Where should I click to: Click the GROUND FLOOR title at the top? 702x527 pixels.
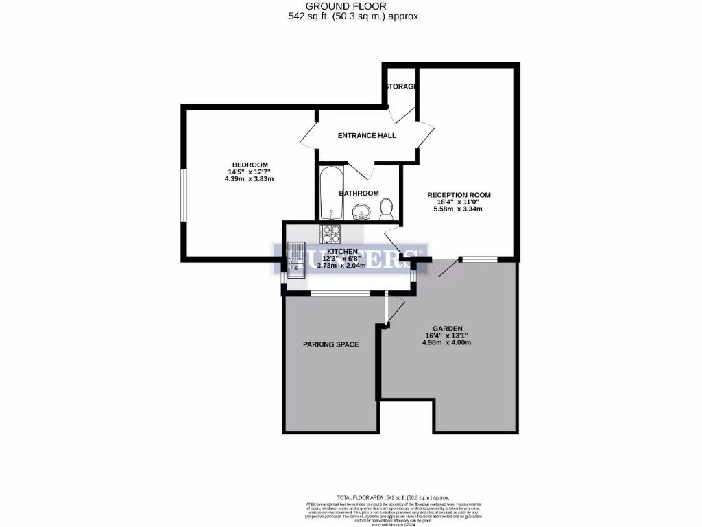coord(350,6)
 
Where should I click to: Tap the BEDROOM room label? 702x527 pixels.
coord(249,165)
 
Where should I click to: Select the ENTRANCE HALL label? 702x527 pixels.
coord(367,135)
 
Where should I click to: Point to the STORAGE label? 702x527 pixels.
coord(400,86)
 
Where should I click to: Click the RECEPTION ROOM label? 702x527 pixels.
coord(459,195)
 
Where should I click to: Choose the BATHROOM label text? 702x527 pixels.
coord(359,194)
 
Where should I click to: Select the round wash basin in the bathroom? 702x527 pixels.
coord(361,213)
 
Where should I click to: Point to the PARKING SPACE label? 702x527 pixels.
coord(330,344)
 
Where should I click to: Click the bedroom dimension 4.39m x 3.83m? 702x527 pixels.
coord(249,179)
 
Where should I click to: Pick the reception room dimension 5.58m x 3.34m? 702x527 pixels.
coord(459,209)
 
